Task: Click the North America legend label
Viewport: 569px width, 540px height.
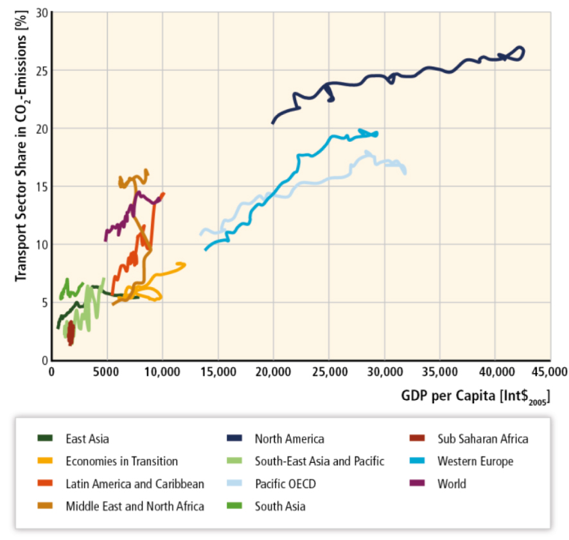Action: [289, 439]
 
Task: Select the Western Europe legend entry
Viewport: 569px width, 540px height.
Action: [475, 461]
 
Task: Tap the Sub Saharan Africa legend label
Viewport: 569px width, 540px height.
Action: [483, 439]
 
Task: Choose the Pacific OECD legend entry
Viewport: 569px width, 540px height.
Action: [285, 483]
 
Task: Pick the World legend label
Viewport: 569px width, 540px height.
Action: [452, 483]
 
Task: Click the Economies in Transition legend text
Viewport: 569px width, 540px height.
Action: [121, 461]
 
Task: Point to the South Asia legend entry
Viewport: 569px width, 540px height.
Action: [280, 506]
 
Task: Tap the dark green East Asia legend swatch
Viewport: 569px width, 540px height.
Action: [45, 439]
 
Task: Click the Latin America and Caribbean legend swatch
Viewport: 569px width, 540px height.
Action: [45, 483]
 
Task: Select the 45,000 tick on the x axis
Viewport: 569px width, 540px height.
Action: [550, 371]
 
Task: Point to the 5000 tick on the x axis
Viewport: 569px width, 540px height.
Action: [107, 371]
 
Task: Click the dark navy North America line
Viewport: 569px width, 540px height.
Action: [385, 76]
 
